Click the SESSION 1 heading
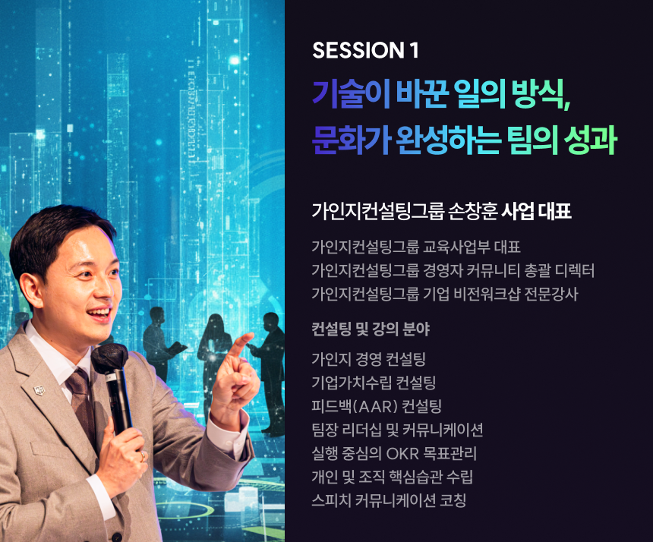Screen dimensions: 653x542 [x=365, y=50]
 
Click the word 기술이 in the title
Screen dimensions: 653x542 [x=351, y=93]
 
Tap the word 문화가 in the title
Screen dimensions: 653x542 [x=351, y=140]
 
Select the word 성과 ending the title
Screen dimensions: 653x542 [x=590, y=140]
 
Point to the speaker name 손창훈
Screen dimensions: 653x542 [x=473, y=211]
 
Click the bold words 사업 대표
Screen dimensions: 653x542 [x=536, y=211]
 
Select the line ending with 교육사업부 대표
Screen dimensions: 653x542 [x=416, y=247]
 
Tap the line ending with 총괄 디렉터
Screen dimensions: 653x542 [x=453, y=270]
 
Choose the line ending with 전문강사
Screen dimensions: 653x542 [x=445, y=294]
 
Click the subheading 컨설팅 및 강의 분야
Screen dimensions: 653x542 [x=371, y=329]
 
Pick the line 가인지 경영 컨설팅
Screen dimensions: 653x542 [x=368, y=359]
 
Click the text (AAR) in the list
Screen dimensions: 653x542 [x=375, y=406]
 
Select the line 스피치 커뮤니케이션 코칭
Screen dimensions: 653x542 [x=389, y=500]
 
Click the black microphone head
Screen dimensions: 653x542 [x=109, y=358]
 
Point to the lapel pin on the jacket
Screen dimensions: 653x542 [x=39, y=390]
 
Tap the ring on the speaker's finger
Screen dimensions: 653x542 [x=143, y=456]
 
